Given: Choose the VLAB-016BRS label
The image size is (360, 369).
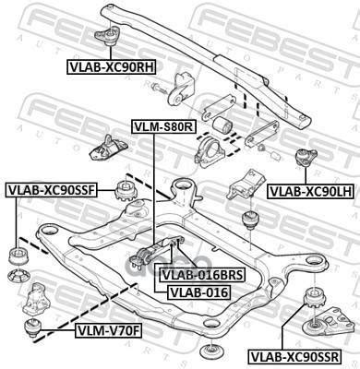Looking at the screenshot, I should (x=195, y=274).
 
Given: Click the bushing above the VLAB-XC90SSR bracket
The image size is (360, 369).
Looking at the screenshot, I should (x=315, y=298).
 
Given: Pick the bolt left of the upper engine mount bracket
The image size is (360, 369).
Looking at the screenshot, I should (x=159, y=89).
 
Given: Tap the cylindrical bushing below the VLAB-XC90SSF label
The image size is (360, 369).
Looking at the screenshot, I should (x=16, y=255).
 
